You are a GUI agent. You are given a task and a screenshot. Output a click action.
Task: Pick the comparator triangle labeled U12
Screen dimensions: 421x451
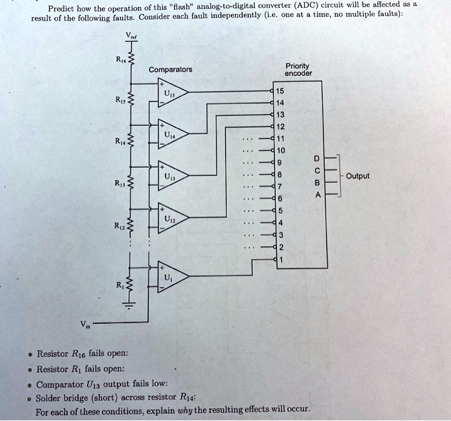click(x=169, y=218)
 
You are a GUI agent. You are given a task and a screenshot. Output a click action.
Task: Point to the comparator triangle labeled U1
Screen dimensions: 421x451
click(x=169, y=277)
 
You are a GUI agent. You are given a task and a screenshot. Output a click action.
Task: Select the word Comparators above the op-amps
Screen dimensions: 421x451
click(x=170, y=70)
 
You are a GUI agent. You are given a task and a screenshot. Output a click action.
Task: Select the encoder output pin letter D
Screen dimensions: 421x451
click(x=314, y=157)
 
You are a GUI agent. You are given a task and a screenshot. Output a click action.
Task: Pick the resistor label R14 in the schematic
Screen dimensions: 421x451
click(x=119, y=140)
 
